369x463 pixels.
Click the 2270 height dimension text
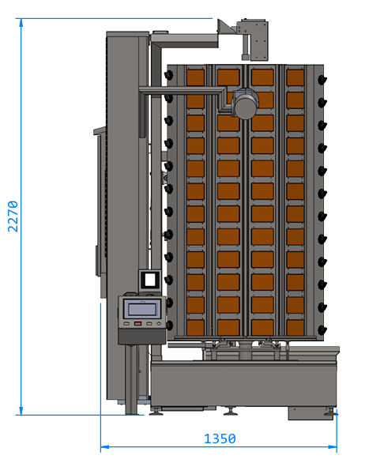coord(13,216)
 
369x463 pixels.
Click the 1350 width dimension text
coord(220,439)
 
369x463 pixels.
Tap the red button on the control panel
coord(137,324)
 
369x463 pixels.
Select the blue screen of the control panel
coord(142,309)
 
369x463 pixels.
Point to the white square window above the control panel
coord(149,280)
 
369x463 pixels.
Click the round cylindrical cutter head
coord(246,104)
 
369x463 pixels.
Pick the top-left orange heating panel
coord(195,77)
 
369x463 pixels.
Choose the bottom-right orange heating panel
coord(296,328)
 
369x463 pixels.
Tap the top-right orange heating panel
coord(296,77)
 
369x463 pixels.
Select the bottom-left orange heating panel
coord(195,328)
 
